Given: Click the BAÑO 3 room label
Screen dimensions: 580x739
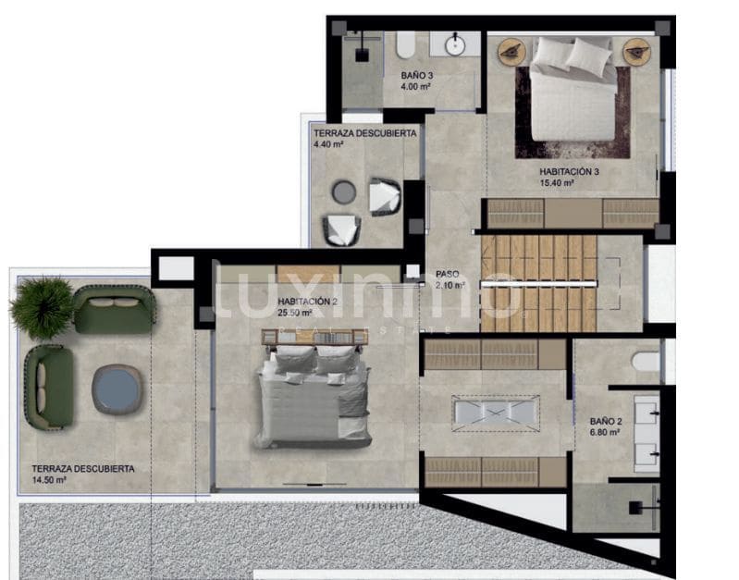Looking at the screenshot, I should point(415,75).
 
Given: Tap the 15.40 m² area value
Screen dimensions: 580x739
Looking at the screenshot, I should point(557,183).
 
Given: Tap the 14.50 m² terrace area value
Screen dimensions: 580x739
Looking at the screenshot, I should point(54,481).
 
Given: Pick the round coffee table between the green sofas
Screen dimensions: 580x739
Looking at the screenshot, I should point(117,389).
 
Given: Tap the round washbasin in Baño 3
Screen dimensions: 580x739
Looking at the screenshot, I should point(456,43).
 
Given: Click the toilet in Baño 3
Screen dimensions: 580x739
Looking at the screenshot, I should point(405,44).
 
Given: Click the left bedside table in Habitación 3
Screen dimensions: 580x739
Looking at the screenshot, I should point(510,52).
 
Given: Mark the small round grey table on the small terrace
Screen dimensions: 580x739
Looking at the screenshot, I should point(343,191).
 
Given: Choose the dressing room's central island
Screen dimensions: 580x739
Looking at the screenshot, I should point(495,413).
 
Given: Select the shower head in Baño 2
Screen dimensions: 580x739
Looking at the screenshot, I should point(635,507).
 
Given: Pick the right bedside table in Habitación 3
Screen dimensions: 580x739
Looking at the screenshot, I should point(635,52).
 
